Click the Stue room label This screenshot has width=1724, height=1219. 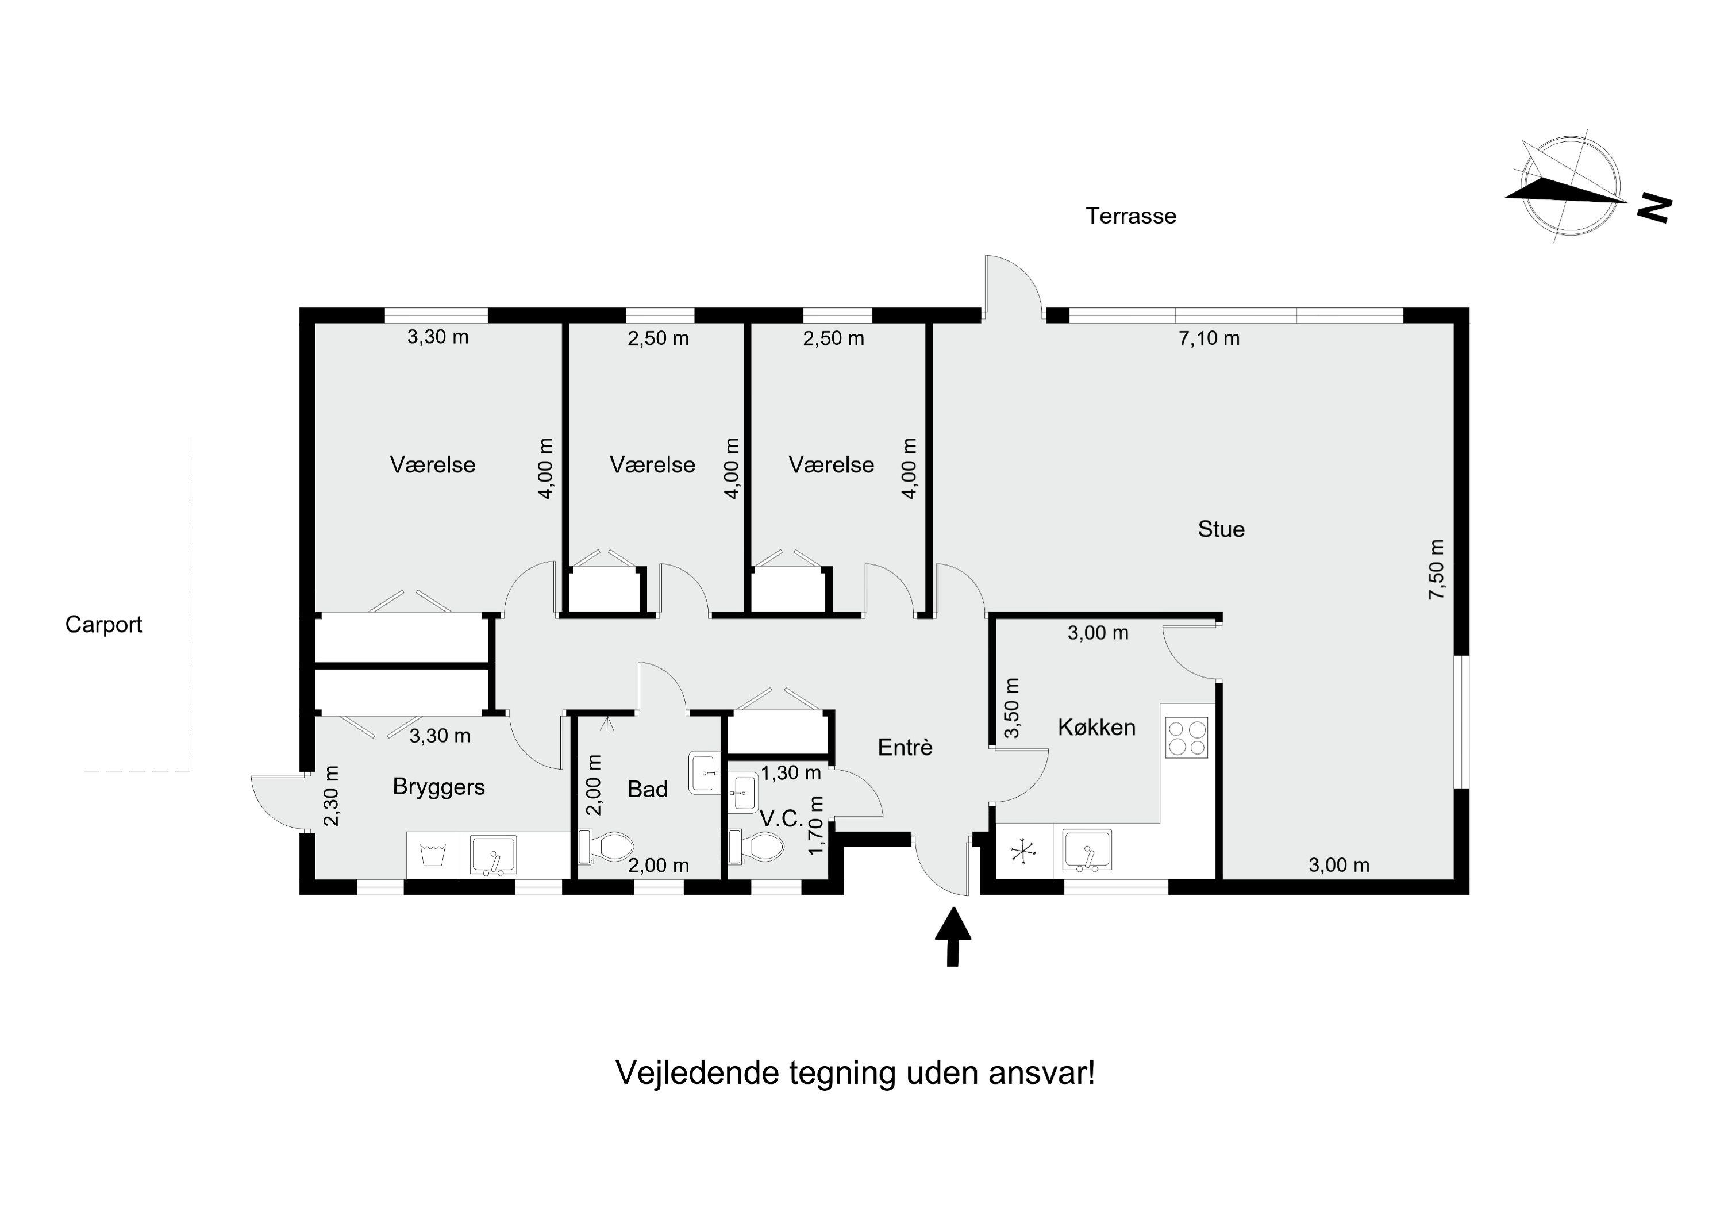click(1221, 529)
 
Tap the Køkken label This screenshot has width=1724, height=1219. click(1096, 727)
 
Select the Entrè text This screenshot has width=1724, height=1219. click(905, 747)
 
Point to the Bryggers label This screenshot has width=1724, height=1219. click(438, 787)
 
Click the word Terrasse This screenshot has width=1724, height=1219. click(1131, 216)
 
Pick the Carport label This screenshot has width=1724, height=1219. click(103, 625)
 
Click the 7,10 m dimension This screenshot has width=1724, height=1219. click(1209, 339)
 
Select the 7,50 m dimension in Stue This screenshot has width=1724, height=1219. click(1437, 570)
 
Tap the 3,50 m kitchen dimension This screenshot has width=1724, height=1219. click(1012, 707)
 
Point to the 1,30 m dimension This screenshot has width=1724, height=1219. click(791, 773)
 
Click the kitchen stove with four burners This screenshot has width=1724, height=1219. click(1186, 737)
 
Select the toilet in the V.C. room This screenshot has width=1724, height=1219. click(757, 847)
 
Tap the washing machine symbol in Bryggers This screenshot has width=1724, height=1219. click(433, 855)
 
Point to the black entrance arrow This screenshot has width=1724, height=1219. click(953, 936)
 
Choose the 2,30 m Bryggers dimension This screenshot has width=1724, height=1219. click(331, 795)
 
